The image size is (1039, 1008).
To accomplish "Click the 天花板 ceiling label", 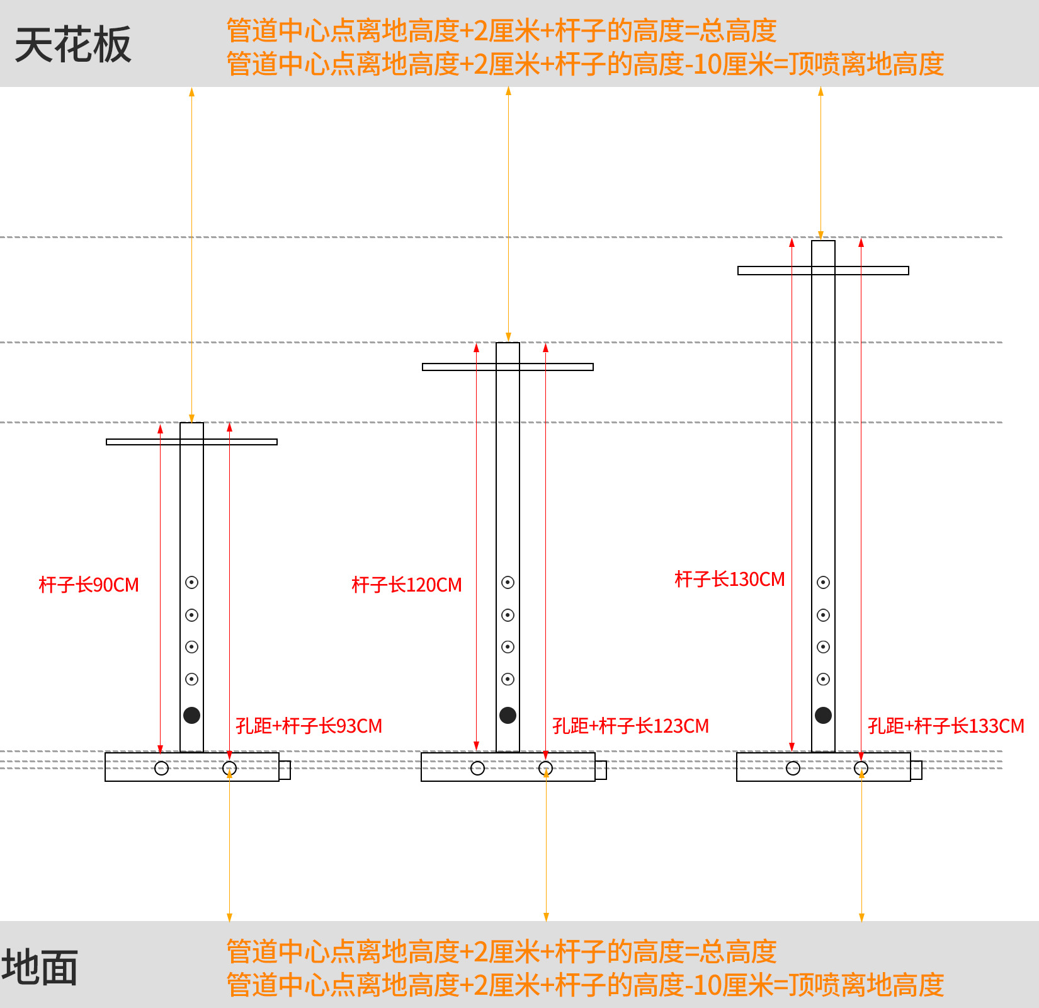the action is click(x=73, y=45).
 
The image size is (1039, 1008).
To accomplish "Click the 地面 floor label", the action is click(x=40, y=967).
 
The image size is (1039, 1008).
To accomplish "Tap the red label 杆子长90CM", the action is click(x=89, y=585).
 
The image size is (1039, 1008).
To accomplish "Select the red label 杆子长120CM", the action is click(x=407, y=585).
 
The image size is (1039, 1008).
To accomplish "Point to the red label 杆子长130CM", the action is click(x=730, y=579).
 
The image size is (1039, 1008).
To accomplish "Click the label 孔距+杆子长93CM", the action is click(x=309, y=726).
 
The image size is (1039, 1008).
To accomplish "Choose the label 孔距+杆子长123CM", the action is click(x=630, y=726).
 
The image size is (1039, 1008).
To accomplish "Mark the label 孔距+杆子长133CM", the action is click(x=946, y=726).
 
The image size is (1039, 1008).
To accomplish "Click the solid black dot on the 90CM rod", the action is click(x=192, y=715).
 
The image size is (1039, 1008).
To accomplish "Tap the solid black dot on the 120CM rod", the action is click(x=508, y=715).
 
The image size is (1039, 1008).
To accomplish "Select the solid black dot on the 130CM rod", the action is click(x=823, y=715).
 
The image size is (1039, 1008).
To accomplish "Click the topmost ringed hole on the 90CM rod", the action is click(x=192, y=582).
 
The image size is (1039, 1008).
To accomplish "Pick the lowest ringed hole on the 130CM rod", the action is click(x=823, y=679).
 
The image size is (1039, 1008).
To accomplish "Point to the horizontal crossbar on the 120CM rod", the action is click(x=460, y=367).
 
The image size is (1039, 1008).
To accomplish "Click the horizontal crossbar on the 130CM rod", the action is click(x=775, y=270).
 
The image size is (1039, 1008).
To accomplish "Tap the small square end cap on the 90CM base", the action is click(x=285, y=770).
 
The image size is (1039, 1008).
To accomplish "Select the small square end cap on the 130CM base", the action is click(x=916, y=770).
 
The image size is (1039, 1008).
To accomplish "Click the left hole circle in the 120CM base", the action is click(x=477, y=768).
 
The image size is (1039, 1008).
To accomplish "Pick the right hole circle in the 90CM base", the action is click(x=230, y=768).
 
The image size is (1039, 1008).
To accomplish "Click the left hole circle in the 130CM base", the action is click(x=793, y=768).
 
